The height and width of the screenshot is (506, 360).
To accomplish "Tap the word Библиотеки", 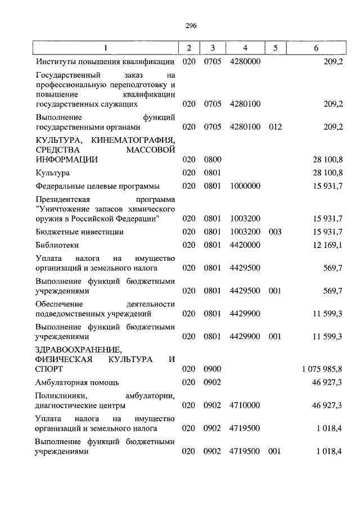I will click(57, 245).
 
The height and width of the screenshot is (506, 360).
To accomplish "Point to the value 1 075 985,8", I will click(322, 369).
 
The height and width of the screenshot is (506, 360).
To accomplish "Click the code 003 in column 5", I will click(274, 232).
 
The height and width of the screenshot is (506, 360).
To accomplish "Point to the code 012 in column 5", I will click(274, 127).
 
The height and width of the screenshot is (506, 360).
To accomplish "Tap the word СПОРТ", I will click(49, 369).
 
